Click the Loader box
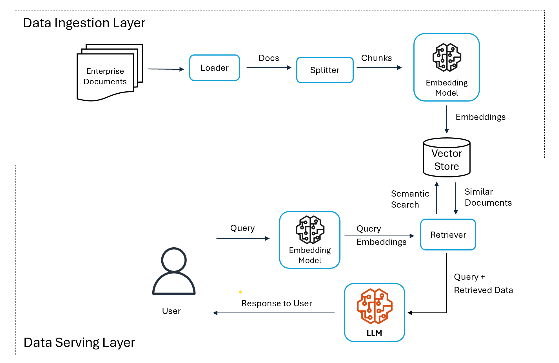[214, 68]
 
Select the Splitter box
[325, 70]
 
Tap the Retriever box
[448, 235]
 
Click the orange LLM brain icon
[375, 306]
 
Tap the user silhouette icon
[174, 271]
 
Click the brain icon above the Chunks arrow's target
[447, 57]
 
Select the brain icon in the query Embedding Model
[310, 230]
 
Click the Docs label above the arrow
[269, 58]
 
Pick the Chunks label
[376, 58]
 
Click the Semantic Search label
[410, 199]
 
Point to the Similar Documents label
[488, 197]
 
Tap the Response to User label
[277, 303]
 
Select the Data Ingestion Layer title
[84, 23]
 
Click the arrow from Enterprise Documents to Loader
[166, 69]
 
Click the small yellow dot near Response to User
[240, 292]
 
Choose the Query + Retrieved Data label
[483, 283]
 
